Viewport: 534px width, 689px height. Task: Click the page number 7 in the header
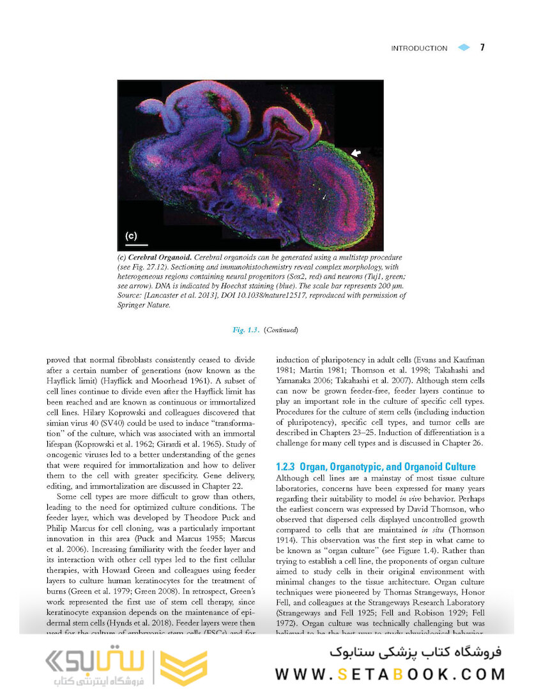pos(482,47)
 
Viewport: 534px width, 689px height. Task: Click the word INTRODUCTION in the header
pos(419,48)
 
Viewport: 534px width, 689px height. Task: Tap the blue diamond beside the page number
pos(463,48)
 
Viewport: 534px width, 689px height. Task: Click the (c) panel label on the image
pos(130,235)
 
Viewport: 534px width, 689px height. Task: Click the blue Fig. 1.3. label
pos(245,330)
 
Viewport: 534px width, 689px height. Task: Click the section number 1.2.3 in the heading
pos(287,466)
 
